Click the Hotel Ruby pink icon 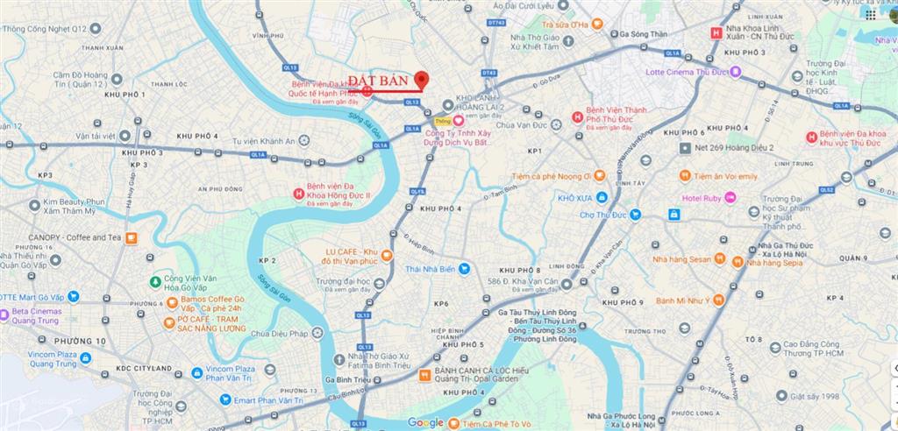(730, 197)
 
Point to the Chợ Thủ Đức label (606, 214)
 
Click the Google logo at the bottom (425, 422)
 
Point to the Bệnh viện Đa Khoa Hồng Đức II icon (299, 193)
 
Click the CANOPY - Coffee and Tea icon (131, 237)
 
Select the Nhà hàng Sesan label (681, 259)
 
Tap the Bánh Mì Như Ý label (681, 300)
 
